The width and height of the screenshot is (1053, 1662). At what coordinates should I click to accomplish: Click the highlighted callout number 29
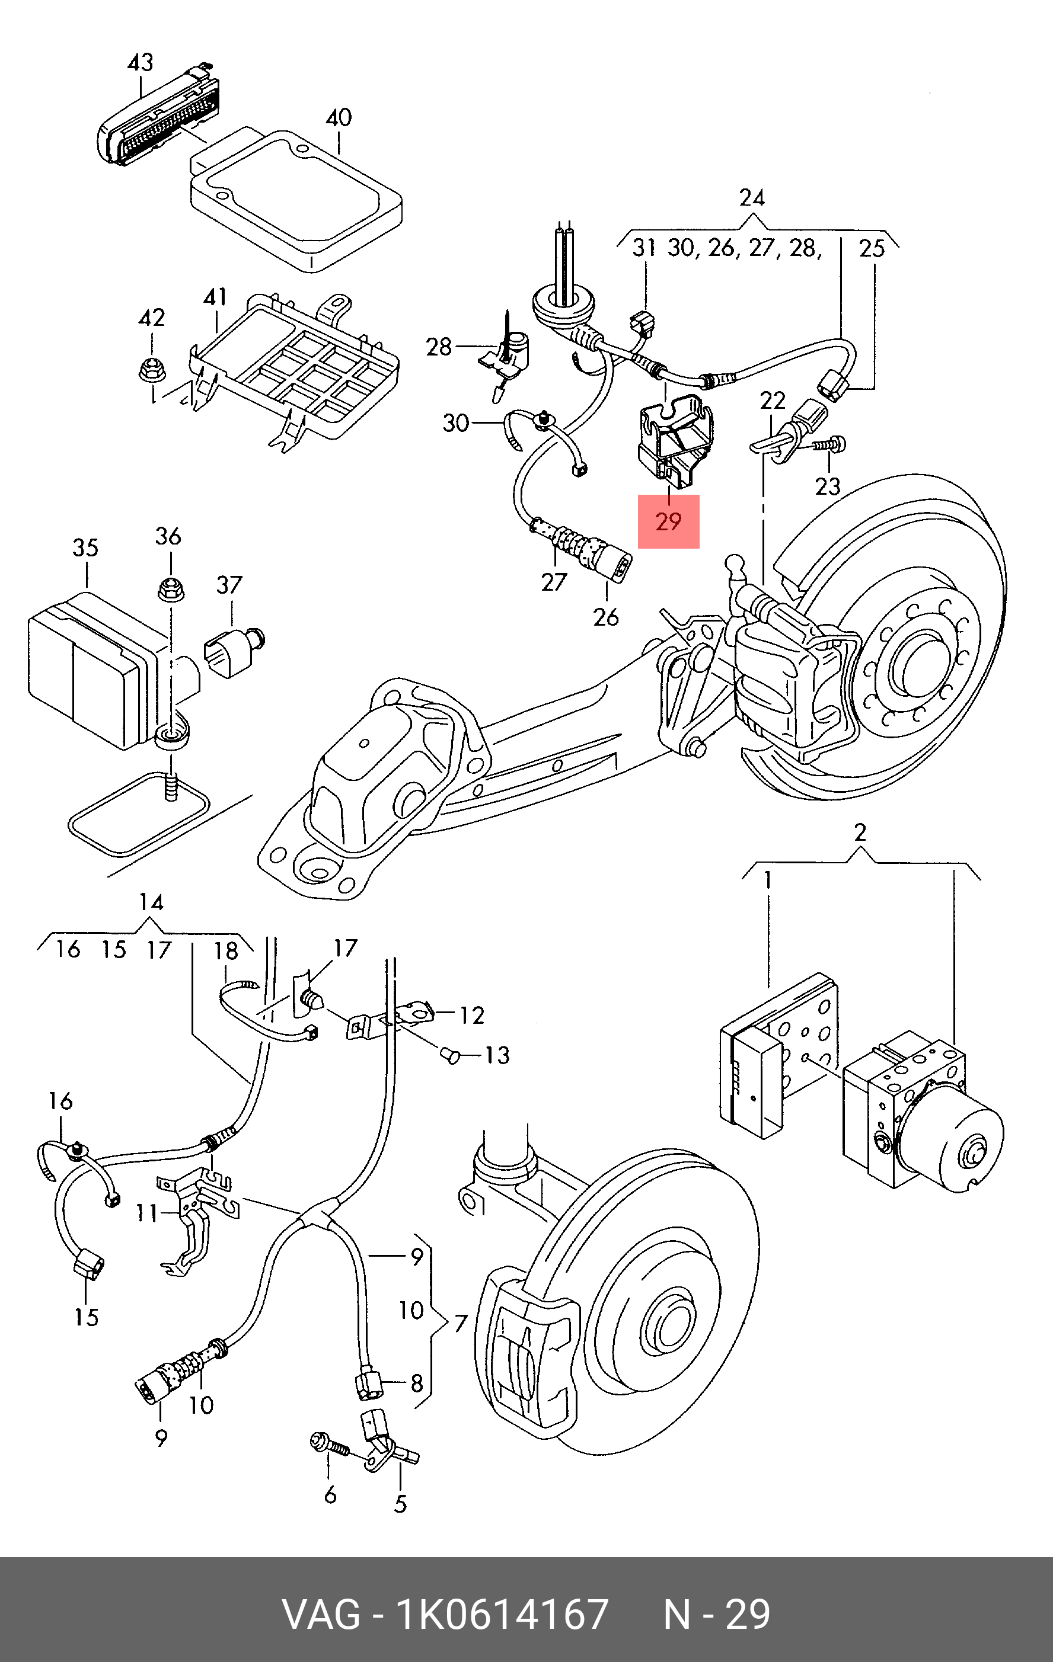[x=668, y=522]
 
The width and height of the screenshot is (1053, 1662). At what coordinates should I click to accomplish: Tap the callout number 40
[x=339, y=118]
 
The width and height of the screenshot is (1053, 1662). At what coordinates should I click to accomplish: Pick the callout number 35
[x=85, y=548]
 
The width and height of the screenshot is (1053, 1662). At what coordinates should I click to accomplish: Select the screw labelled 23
[x=830, y=444]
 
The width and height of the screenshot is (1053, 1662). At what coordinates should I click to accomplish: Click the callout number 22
[x=773, y=401]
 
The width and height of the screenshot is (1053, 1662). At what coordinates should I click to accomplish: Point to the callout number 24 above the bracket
[x=752, y=198]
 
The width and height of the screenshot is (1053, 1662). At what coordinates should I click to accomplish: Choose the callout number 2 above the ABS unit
[x=860, y=832]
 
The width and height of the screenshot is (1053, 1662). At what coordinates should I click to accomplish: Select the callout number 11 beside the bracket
[x=146, y=1213]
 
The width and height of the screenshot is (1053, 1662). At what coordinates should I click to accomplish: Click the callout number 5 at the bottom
[x=400, y=1504]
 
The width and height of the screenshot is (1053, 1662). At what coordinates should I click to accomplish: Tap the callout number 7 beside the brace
[x=461, y=1323]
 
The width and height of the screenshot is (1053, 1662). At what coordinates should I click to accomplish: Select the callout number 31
[x=644, y=248]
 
